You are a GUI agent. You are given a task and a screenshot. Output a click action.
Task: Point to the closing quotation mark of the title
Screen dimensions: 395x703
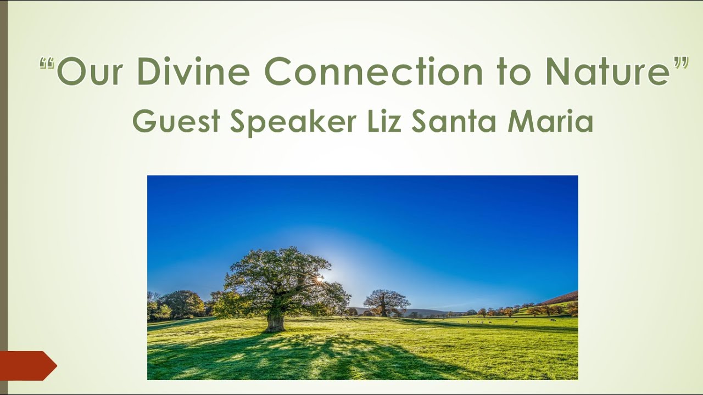[681, 64]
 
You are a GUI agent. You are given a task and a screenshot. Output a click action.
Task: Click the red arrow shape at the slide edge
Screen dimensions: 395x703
[27, 365]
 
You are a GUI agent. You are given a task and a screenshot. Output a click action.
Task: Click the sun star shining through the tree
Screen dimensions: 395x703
[319, 279]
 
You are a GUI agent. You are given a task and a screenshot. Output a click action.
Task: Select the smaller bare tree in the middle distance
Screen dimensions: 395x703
[386, 301]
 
